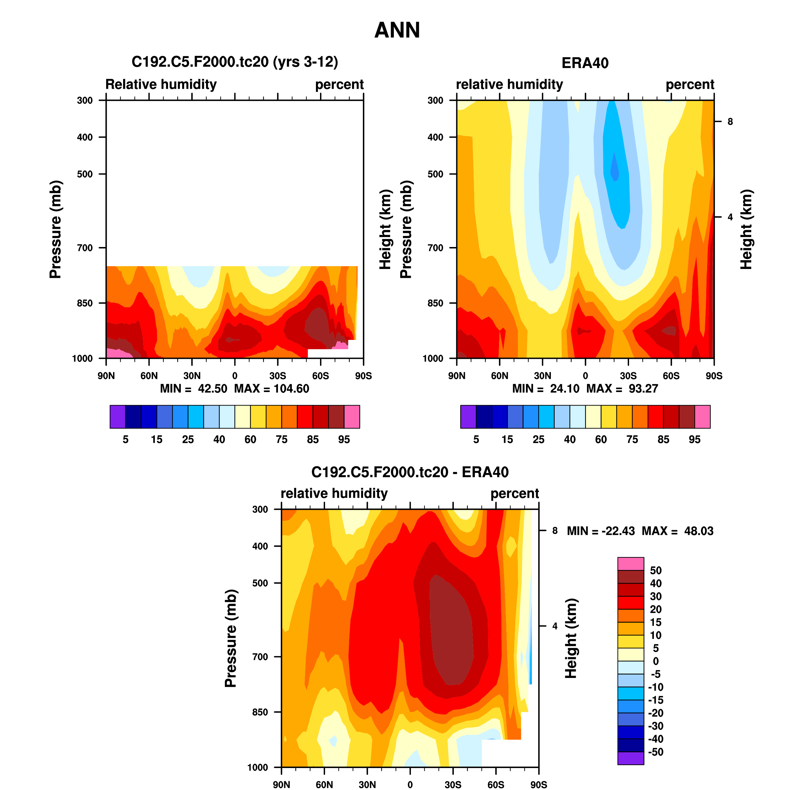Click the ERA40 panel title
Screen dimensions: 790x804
point(584,63)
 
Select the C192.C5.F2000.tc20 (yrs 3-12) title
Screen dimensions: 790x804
point(235,62)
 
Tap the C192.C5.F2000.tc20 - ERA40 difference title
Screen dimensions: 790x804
point(409,472)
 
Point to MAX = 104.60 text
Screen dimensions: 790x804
point(271,389)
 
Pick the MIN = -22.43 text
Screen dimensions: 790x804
point(600,531)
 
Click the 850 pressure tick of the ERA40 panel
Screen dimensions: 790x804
point(435,303)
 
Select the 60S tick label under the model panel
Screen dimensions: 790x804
point(320,376)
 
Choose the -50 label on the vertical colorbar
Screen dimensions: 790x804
point(655,751)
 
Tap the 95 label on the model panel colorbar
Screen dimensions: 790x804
point(344,439)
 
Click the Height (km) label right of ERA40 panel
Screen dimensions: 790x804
point(746,229)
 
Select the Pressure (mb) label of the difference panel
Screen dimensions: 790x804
point(231,638)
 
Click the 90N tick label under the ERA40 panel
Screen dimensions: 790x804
point(457,376)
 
